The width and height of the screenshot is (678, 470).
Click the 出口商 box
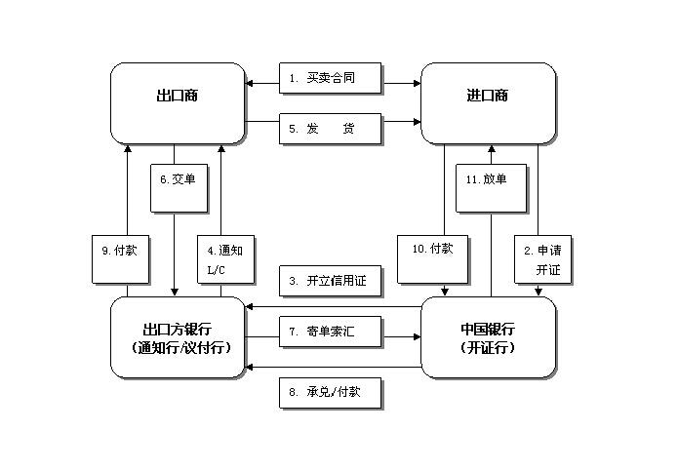coord(178,102)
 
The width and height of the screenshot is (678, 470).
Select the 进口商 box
coord(487,102)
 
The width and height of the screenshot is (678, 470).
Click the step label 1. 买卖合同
coord(331,79)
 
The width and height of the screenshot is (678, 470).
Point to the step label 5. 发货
coord(331,128)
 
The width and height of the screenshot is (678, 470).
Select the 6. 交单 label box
coord(179,187)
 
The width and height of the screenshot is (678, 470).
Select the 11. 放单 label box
coord(492,187)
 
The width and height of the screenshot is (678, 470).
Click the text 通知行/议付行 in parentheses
coord(179,347)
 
